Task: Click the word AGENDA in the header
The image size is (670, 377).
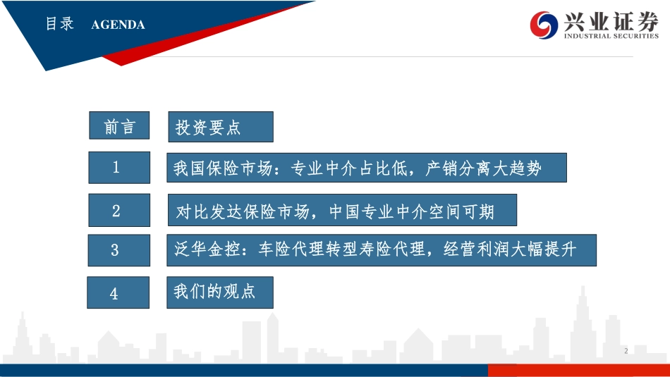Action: coord(118,25)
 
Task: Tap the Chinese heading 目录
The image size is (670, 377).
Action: coord(60,24)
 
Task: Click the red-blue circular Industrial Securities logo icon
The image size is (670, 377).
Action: coord(544,25)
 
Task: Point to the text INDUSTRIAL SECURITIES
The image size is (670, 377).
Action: coord(611,36)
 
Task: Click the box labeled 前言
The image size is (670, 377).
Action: coord(119,126)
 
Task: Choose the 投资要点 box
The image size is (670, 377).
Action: coord(221,127)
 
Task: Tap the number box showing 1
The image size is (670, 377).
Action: coord(119,168)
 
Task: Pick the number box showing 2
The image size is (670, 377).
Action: coord(119,210)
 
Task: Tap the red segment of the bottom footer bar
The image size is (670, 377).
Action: coord(578,370)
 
